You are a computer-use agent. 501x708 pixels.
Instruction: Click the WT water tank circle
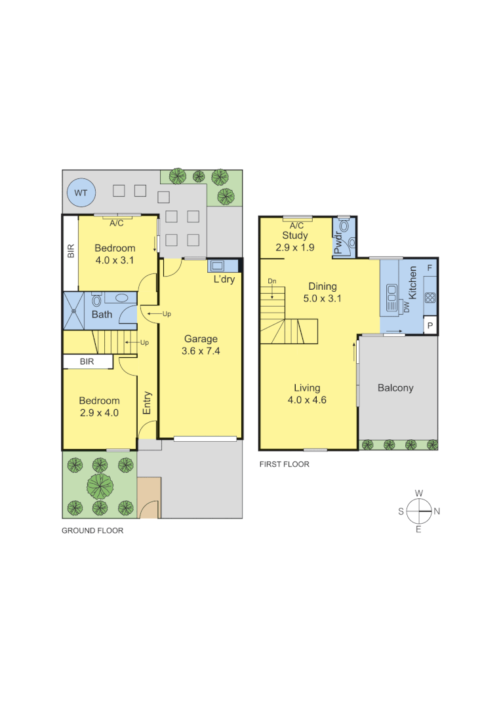click(81, 193)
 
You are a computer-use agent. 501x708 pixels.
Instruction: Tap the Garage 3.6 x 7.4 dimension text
click(200, 351)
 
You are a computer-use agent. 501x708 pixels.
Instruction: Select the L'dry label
click(224, 279)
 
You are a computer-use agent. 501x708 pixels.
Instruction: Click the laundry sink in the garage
click(216, 265)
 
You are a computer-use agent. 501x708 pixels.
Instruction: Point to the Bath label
click(102, 315)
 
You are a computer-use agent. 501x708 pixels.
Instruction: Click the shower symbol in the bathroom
click(73, 310)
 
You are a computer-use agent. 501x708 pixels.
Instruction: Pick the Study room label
click(295, 236)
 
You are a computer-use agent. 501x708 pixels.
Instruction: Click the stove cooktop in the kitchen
click(430, 297)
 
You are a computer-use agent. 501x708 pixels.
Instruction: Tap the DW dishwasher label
click(406, 307)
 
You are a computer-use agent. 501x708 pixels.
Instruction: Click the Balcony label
click(395, 388)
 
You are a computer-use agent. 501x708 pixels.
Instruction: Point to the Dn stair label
click(271, 281)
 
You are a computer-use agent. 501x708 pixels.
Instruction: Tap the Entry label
click(147, 403)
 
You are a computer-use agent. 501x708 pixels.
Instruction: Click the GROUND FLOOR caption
click(92, 531)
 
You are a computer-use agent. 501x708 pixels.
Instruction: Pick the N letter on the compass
click(437, 511)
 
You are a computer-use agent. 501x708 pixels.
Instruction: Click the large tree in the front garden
click(100, 486)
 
